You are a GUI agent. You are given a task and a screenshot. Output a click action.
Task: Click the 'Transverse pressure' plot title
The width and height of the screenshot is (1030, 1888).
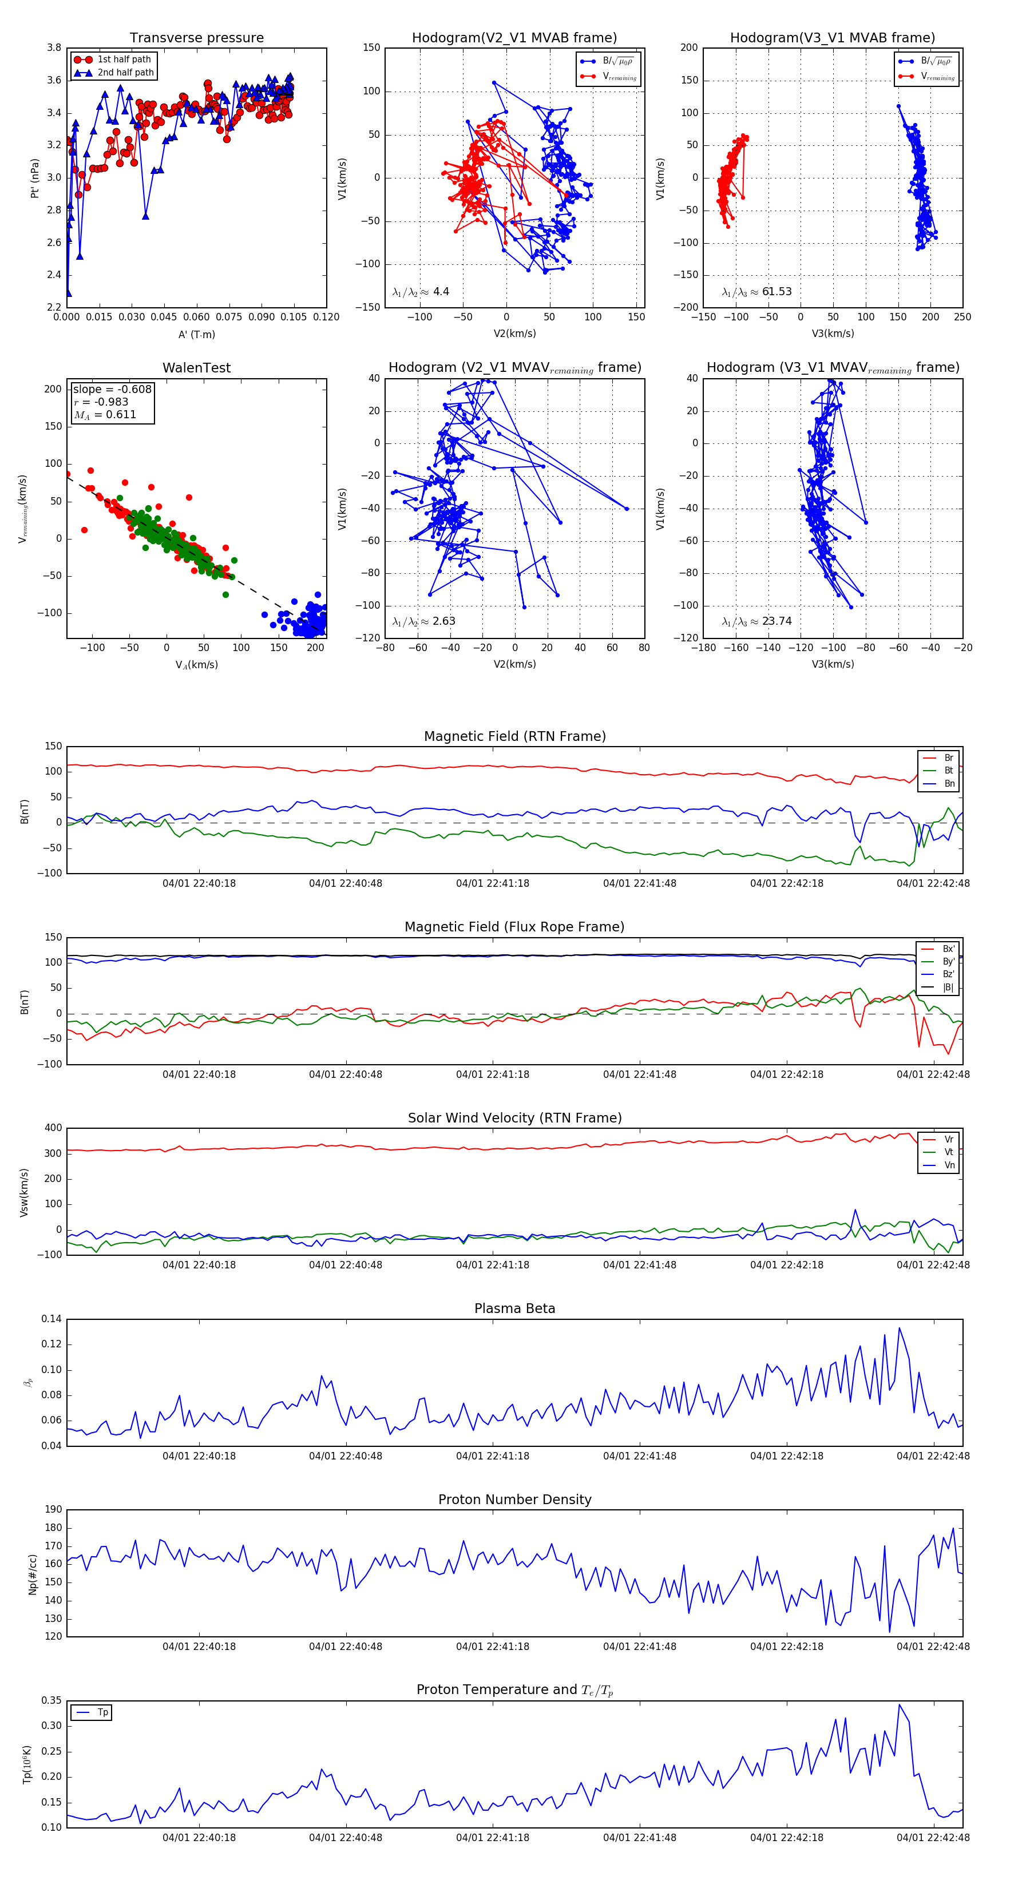coord(196,38)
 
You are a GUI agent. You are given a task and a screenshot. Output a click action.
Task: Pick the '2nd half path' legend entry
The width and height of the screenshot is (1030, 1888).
coord(125,73)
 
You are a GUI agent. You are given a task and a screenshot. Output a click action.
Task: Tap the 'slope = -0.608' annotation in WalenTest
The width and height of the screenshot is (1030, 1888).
coord(112,389)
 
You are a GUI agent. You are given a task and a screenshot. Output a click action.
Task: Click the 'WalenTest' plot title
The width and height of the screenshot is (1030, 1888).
coord(196,368)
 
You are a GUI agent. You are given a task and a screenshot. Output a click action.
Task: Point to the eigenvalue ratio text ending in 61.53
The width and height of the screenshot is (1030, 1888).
coord(756,292)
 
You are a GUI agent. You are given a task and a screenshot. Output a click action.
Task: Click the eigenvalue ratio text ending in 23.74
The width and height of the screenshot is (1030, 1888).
coord(756,621)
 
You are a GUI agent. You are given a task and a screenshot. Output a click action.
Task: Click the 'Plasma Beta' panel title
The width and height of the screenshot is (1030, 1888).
coord(514,1309)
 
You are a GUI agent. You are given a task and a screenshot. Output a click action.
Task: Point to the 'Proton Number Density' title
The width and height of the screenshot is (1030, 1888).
coord(514,1500)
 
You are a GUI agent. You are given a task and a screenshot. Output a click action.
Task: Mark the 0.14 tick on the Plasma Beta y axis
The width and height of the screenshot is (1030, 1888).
coord(51,1319)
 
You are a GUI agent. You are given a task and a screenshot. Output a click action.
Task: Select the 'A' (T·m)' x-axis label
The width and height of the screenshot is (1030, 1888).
coord(196,335)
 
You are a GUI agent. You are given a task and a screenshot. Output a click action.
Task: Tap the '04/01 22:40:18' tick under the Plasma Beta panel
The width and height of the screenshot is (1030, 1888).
coord(199,1456)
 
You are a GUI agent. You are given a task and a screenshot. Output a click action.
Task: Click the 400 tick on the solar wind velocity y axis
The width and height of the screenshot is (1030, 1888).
coord(53,1128)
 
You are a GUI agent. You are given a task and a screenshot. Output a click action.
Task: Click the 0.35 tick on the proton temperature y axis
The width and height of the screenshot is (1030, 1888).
coord(51,1700)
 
